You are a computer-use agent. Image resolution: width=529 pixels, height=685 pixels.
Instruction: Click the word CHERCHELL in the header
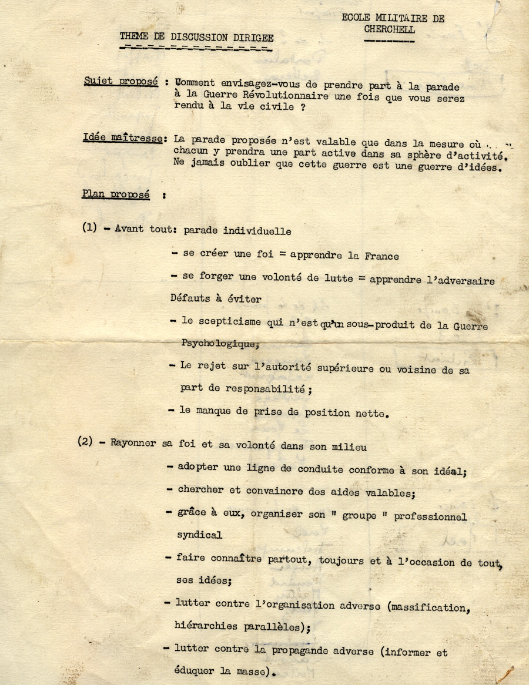click(x=389, y=29)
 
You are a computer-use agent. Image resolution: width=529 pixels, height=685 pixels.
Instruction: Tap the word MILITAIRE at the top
click(x=399, y=18)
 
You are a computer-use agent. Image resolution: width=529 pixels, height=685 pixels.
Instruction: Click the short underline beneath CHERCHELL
click(x=389, y=41)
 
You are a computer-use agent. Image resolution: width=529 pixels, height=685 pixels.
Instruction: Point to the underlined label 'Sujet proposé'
click(x=120, y=82)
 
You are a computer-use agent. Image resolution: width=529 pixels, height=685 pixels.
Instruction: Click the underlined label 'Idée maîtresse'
click(x=124, y=139)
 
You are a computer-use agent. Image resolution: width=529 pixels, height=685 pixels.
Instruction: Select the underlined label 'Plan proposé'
click(x=116, y=194)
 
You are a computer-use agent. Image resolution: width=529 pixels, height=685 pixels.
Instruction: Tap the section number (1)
click(x=90, y=228)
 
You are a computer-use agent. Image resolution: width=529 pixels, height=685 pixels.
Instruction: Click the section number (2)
click(x=85, y=442)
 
